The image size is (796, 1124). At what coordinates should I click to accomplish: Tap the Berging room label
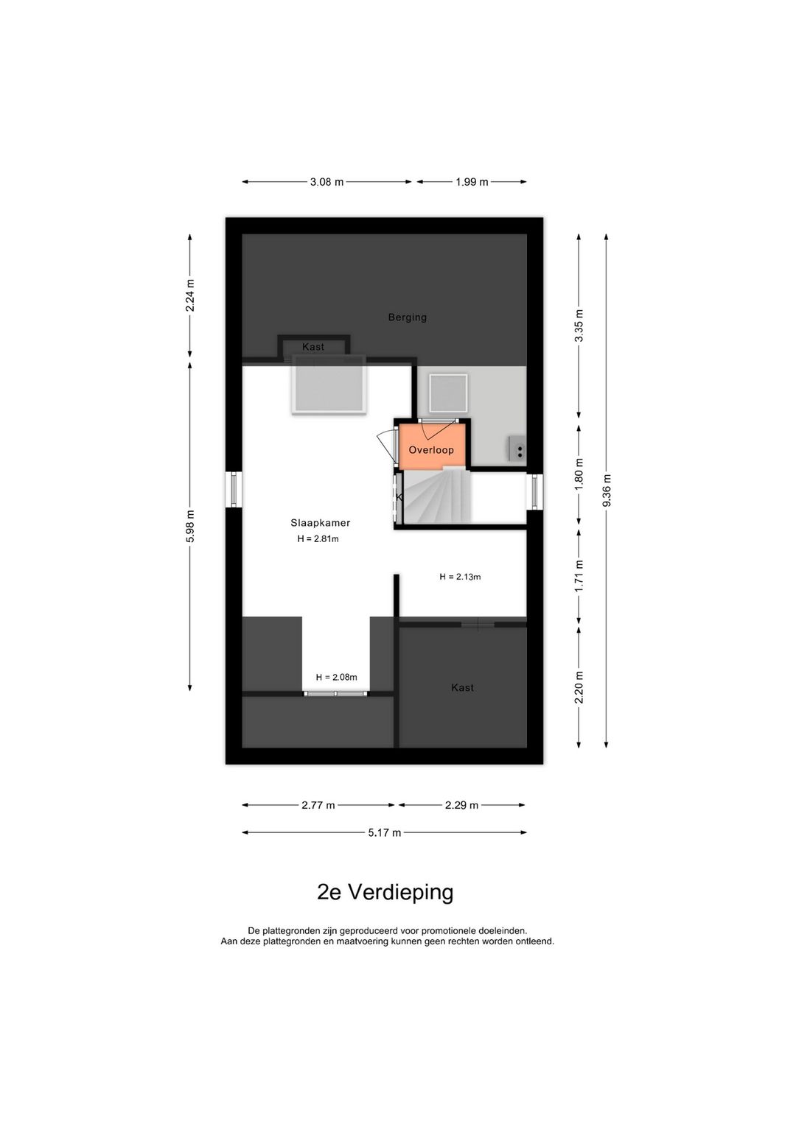[x=408, y=317]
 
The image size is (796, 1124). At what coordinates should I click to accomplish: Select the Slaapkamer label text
[x=320, y=523]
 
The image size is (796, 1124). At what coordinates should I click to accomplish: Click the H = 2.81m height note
[x=318, y=539]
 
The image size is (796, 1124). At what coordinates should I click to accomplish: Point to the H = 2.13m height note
[x=460, y=577]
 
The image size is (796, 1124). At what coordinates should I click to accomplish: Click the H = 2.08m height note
[x=336, y=678]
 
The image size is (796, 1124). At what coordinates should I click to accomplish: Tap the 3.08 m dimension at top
[x=327, y=182]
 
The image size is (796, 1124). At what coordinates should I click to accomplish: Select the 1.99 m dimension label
[x=472, y=182]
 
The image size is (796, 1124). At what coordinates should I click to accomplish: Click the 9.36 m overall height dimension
[x=607, y=491]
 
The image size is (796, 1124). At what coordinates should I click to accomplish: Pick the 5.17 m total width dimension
[x=385, y=833]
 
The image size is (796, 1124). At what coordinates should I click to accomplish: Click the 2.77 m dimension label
[x=318, y=806]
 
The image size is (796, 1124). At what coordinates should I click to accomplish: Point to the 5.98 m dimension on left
[x=190, y=527]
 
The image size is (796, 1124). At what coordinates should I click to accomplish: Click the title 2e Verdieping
[x=385, y=893]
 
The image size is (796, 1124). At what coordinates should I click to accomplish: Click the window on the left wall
[x=234, y=490]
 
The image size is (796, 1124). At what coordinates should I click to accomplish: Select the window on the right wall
[x=535, y=492]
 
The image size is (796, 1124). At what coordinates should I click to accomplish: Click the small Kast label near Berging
[x=313, y=347]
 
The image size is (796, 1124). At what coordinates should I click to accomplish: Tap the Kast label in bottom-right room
[x=462, y=688]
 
